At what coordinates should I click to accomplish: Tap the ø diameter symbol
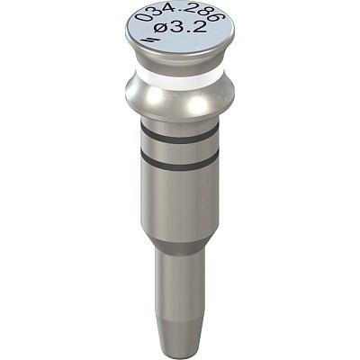tap(161, 29)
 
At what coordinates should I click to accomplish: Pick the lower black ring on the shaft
tap(180, 160)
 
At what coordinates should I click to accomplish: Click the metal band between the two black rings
tap(180, 148)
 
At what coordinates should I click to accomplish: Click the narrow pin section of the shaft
tap(180, 288)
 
